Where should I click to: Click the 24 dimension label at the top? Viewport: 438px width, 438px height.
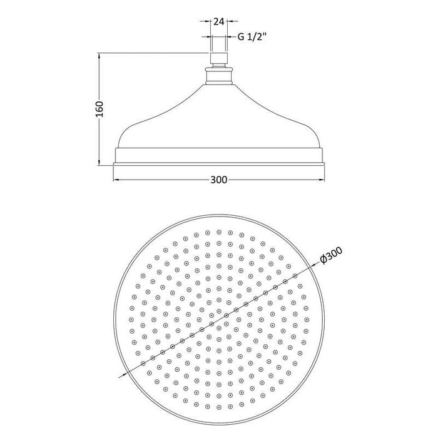click(x=219, y=21)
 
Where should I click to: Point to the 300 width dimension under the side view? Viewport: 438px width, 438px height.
click(x=218, y=180)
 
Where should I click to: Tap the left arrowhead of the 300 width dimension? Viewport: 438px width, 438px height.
click(x=115, y=180)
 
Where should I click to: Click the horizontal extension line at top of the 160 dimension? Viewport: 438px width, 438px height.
click(x=150, y=53)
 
